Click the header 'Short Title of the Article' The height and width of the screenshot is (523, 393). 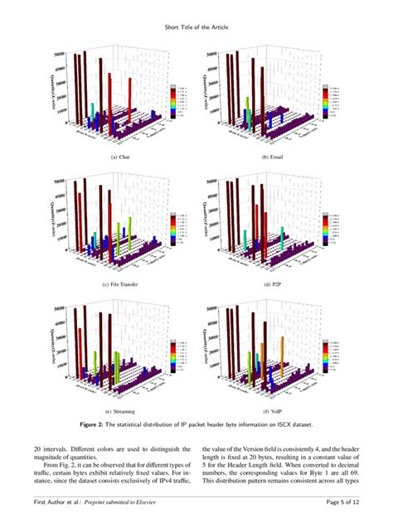196,27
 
